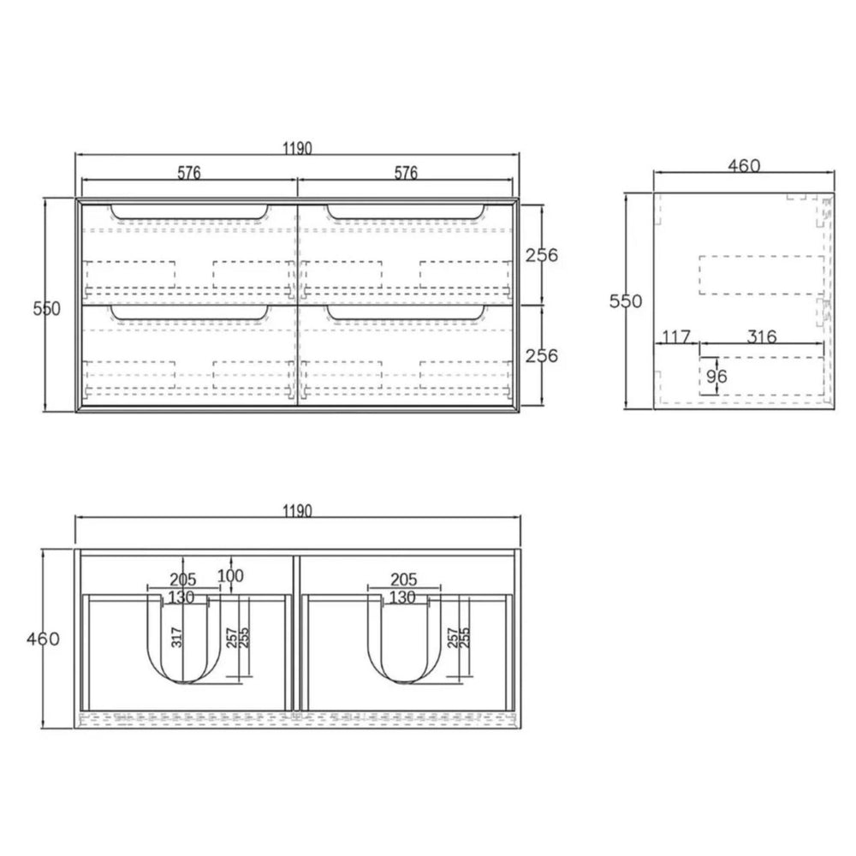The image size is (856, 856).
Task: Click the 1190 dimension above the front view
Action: click(298, 148)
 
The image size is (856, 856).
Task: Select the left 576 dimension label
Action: click(189, 173)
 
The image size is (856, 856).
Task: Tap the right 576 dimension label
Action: click(406, 173)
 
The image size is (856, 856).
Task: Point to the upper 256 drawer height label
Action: click(542, 255)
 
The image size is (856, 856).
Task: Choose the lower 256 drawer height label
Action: click(542, 356)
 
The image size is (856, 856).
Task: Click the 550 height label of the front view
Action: click(47, 308)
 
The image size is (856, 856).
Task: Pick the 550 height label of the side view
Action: click(626, 300)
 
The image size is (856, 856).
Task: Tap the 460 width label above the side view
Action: click(744, 165)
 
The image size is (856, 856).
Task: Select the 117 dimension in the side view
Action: click(676, 336)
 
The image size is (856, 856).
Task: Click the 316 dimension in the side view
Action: click(762, 336)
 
